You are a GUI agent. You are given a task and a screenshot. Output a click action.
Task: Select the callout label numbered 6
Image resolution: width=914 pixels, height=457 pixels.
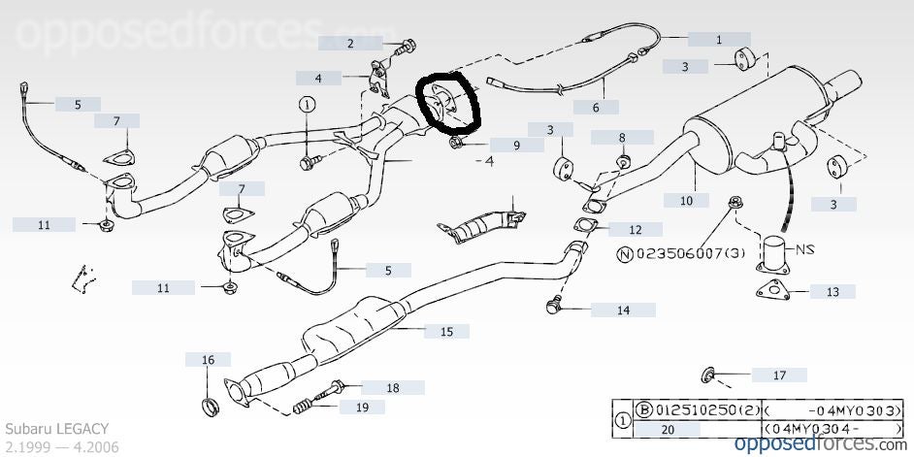[x=597, y=107]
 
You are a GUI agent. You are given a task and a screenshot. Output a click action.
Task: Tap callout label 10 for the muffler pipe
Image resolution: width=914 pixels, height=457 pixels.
[x=686, y=201]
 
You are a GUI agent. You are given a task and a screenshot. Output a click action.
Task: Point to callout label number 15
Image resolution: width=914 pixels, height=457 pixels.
[x=446, y=331]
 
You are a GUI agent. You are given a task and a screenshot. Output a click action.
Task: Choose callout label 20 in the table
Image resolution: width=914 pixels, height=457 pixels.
[x=666, y=429]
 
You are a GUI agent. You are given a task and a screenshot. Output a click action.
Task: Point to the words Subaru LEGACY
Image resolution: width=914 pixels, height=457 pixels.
[x=57, y=428]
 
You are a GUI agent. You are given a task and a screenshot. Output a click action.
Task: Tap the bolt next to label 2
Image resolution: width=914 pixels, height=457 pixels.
[x=405, y=43]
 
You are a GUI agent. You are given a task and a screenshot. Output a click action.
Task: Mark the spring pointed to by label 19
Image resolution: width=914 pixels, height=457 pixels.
[x=307, y=407]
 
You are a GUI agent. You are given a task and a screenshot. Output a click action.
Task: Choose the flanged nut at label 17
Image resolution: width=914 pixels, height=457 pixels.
[x=707, y=373]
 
